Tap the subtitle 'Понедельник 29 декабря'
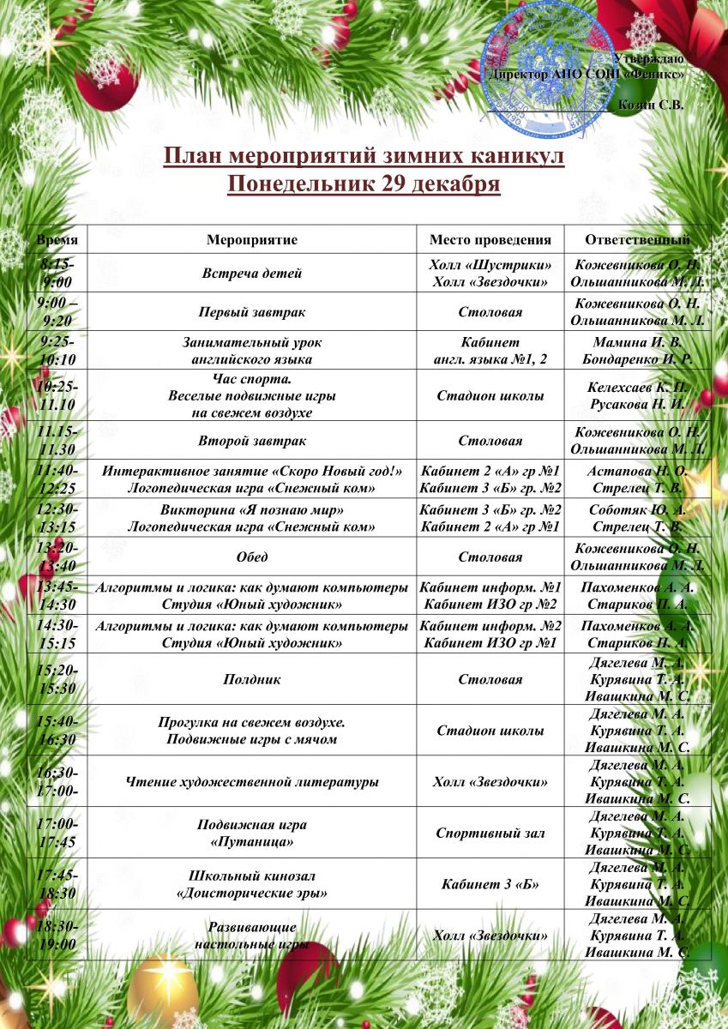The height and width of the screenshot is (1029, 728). (x=364, y=184)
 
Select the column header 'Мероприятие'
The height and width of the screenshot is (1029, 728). (x=252, y=240)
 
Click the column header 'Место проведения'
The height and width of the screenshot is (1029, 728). (x=490, y=240)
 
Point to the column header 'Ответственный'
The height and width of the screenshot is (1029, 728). (x=637, y=240)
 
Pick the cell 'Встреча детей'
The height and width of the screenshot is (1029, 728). (x=252, y=274)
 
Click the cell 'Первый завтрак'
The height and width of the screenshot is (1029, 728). (x=252, y=312)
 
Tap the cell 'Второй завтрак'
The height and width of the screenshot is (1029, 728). (x=252, y=441)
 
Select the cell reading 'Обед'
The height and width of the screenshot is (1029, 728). (x=252, y=557)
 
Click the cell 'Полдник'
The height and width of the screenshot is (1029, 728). (x=252, y=679)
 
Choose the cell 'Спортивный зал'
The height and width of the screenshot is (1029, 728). (x=490, y=833)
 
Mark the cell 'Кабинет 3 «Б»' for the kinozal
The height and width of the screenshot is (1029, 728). (x=490, y=884)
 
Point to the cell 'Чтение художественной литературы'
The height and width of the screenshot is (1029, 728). (x=252, y=781)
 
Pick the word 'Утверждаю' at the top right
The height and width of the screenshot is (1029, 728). (x=649, y=58)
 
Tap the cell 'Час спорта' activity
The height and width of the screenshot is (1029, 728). (x=252, y=378)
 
